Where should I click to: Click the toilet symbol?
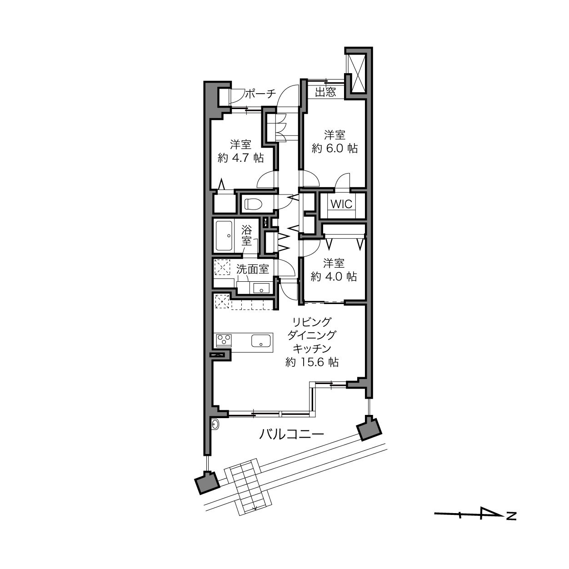(253, 204)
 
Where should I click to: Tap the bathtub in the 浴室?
(225, 236)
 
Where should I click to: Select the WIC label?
(341, 204)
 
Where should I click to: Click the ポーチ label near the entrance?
(260, 94)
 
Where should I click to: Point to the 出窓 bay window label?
(325, 92)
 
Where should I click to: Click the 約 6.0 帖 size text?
(334, 148)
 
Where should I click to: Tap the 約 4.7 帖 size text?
(241, 158)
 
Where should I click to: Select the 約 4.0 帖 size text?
(334, 277)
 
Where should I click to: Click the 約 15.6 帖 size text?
(312, 362)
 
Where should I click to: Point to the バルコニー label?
(291, 434)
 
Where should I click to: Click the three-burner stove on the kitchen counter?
(224, 339)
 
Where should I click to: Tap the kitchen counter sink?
(261, 340)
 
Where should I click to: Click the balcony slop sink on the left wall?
(215, 425)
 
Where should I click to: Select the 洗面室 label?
(253, 269)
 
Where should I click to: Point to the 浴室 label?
(247, 235)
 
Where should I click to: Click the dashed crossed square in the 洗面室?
(222, 268)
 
